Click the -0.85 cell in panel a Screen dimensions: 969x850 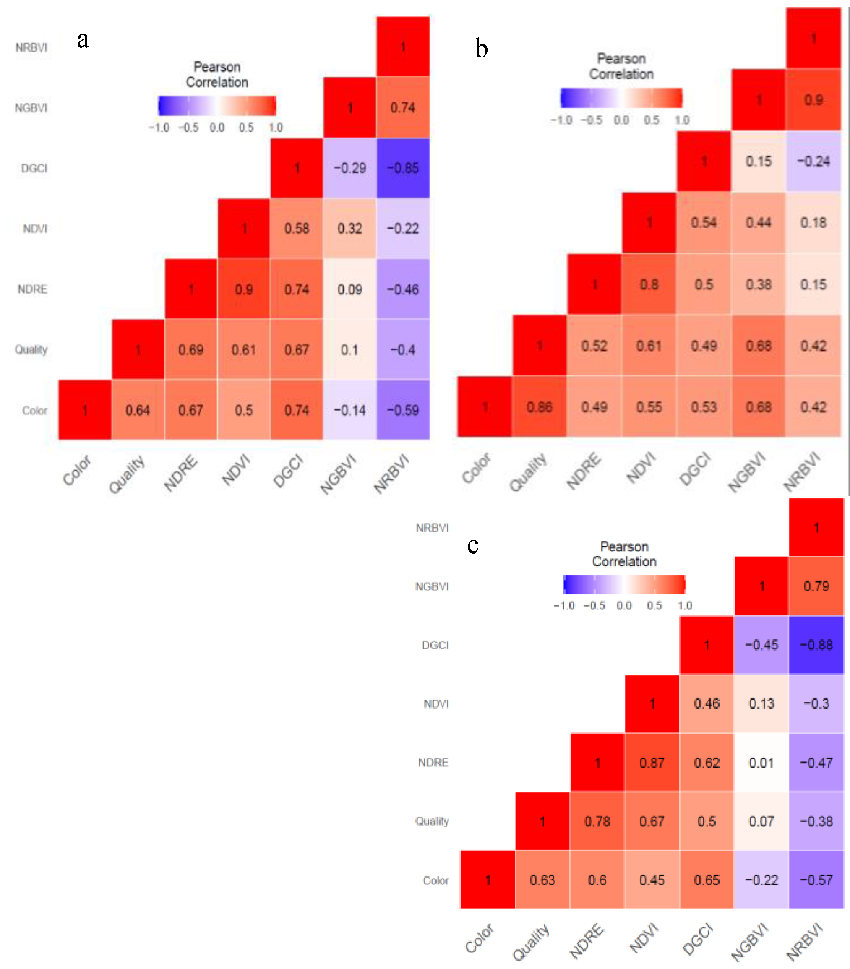pyautogui.click(x=402, y=168)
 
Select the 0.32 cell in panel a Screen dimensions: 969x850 pyautogui.click(x=349, y=229)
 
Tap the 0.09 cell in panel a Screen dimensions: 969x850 pyautogui.click(x=349, y=289)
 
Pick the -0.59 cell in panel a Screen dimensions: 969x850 pyautogui.click(x=402, y=410)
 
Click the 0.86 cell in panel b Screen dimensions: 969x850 pyautogui.click(x=539, y=407)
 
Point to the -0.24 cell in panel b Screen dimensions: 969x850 pyautogui.click(x=813, y=161)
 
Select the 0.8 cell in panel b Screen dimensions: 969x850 pyautogui.click(x=649, y=284)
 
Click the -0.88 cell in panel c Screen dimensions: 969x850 pyautogui.click(x=816, y=645)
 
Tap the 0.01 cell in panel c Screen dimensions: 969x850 pyautogui.click(x=761, y=763)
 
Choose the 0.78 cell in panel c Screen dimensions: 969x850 pyautogui.click(x=597, y=821)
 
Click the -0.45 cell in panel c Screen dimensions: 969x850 pyautogui.click(x=761, y=645)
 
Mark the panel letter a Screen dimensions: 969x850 pyautogui.click(x=83, y=40)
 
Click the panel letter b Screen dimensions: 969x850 pyautogui.click(x=481, y=49)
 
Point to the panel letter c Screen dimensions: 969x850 pyautogui.click(x=473, y=545)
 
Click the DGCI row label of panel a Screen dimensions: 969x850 pyautogui.click(x=34, y=168)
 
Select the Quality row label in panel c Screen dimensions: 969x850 pyautogui.click(x=431, y=821)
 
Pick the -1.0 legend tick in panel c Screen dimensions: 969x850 pyautogui.click(x=564, y=605)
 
